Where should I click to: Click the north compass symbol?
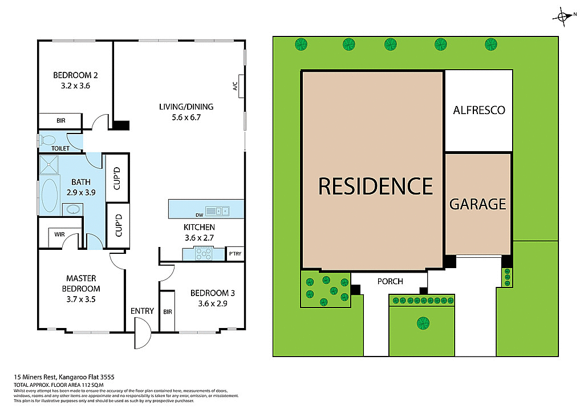click(562, 17)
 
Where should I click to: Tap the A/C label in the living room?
click(234, 86)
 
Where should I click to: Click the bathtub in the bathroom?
click(50, 195)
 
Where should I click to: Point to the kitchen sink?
click(217, 211)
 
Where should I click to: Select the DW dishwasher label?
click(199, 215)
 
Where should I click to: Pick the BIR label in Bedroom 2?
click(61, 121)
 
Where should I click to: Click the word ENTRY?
click(142, 311)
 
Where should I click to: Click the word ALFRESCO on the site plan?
click(479, 110)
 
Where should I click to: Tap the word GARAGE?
click(478, 204)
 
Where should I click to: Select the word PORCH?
click(390, 281)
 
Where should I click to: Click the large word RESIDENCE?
click(375, 186)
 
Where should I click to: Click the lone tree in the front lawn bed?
click(423, 322)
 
